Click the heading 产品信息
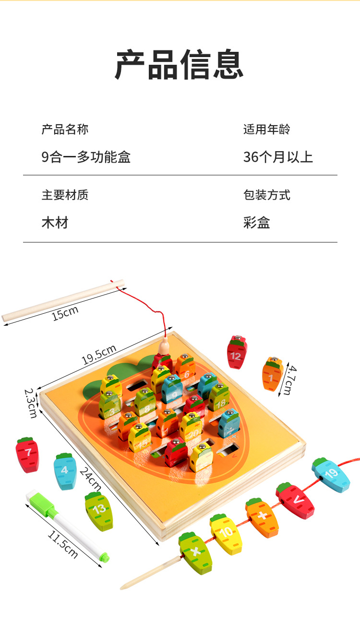click(180, 65)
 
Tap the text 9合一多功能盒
click(86, 157)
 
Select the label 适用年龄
click(266, 129)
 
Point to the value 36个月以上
click(278, 157)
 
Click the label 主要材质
click(65, 195)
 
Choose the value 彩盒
click(256, 223)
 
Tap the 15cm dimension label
click(65, 313)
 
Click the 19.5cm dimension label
click(98, 355)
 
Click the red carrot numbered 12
click(236, 353)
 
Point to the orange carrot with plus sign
click(262, 518)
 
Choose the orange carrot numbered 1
click(272, 377)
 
